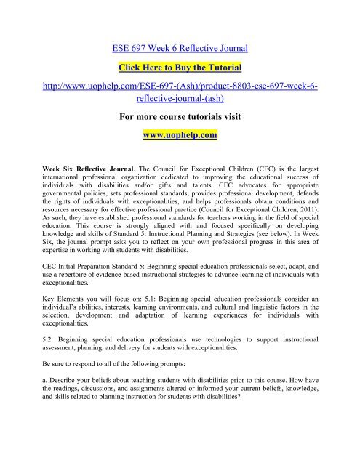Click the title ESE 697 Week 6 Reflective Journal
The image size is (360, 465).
coord(180,50)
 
